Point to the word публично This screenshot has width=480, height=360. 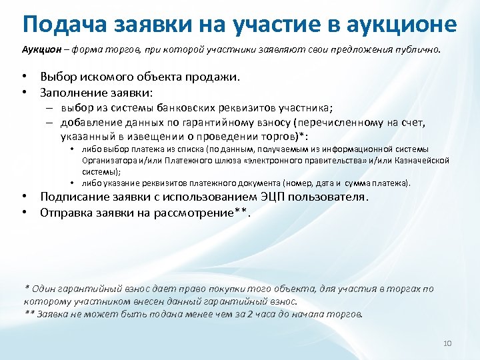(x=417, y=51)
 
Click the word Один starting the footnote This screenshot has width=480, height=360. (x=44, y=289)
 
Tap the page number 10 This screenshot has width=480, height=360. (x=447, y=343)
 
